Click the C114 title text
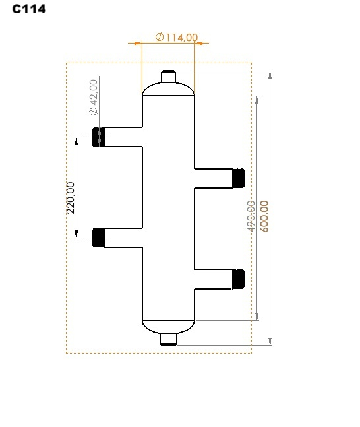click(x=29, y=10)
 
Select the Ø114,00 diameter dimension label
click(x=176, y=38)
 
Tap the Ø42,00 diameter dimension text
click(x=93, y=97)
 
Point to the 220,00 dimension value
click(x=71, y=198)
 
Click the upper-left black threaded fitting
click(x=99, y=137)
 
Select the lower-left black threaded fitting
click(x=99, y=238)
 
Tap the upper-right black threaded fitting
click(x=238, y=178)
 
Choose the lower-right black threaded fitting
click(x=238, y=279)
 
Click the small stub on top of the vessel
click(x=169, y=77)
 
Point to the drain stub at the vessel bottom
click(x=169, y=339)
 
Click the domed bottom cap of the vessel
click(x=169, y=326)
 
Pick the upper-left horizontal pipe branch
click(x=124, y=137)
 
